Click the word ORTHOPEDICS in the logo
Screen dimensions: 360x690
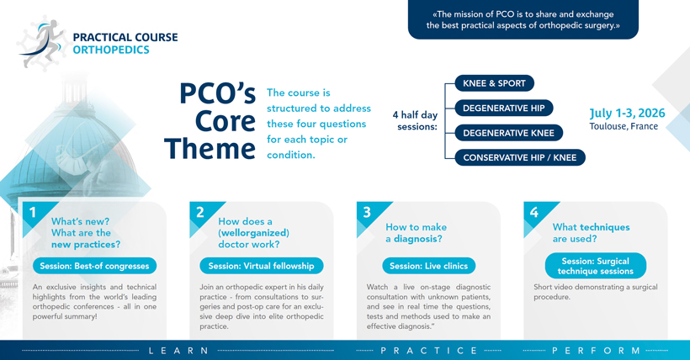point(111,50)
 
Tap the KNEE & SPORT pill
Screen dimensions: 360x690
point(494,84)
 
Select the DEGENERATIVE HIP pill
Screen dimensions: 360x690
point(503,109)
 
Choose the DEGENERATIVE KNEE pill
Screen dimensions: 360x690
point(508,133)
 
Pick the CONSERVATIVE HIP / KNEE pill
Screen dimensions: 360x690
point(519,157)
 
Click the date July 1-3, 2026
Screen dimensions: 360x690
point(627,113)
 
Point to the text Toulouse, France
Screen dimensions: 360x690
point(624,127)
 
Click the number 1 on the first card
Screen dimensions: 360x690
point(33,213)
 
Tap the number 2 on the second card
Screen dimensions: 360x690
point(200,213)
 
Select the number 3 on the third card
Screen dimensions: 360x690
point(367,213)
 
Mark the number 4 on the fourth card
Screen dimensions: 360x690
point(533,213)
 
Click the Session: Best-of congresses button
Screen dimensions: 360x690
point(94,266)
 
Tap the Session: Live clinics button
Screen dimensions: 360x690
point(427,266)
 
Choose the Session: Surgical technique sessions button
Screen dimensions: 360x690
point(595,266)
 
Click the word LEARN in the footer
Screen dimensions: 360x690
point(179,350)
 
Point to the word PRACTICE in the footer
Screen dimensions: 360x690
point(429,350)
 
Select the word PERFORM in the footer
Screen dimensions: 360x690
point(597,350)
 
